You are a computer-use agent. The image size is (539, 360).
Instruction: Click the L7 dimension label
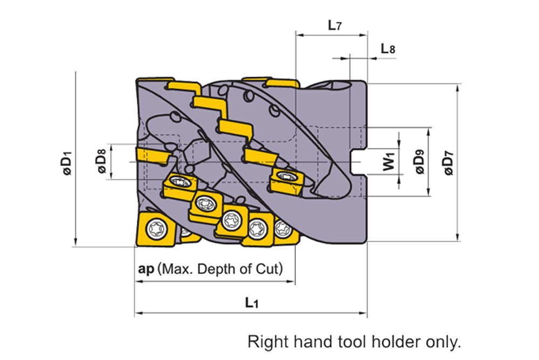tap(335, 25)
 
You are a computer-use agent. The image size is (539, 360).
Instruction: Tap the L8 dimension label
tap(388, 49)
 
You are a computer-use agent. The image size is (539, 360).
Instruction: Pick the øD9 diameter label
tap(419, 162)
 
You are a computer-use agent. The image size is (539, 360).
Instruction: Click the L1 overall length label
tap(251, 303)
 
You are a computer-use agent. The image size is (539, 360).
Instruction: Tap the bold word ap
tap(146, 269)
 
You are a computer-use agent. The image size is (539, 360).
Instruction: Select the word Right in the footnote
tap(263, 341)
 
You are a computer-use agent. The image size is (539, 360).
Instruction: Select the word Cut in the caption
tap(270, 269)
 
